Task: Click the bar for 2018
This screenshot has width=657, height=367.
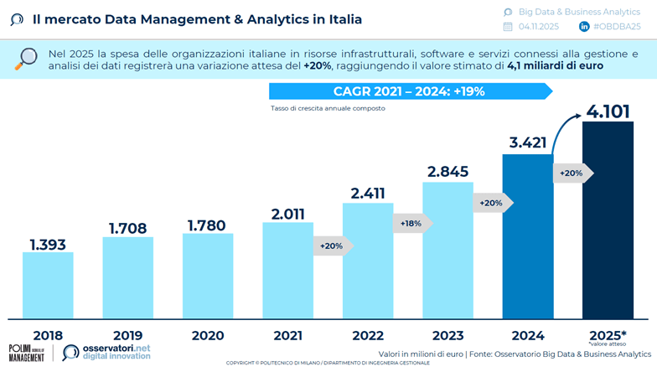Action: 48,285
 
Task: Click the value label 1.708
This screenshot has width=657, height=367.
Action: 127,227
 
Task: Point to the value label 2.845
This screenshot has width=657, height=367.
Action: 447,172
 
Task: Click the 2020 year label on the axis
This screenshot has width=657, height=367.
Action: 207,335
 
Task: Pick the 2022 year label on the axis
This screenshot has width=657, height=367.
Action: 367,335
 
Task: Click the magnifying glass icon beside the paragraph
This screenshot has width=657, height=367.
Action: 27,58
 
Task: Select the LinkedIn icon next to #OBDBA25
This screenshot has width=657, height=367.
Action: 584,27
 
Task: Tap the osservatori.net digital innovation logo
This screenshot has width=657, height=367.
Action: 106,352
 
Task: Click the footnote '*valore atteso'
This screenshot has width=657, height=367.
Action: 608,344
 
